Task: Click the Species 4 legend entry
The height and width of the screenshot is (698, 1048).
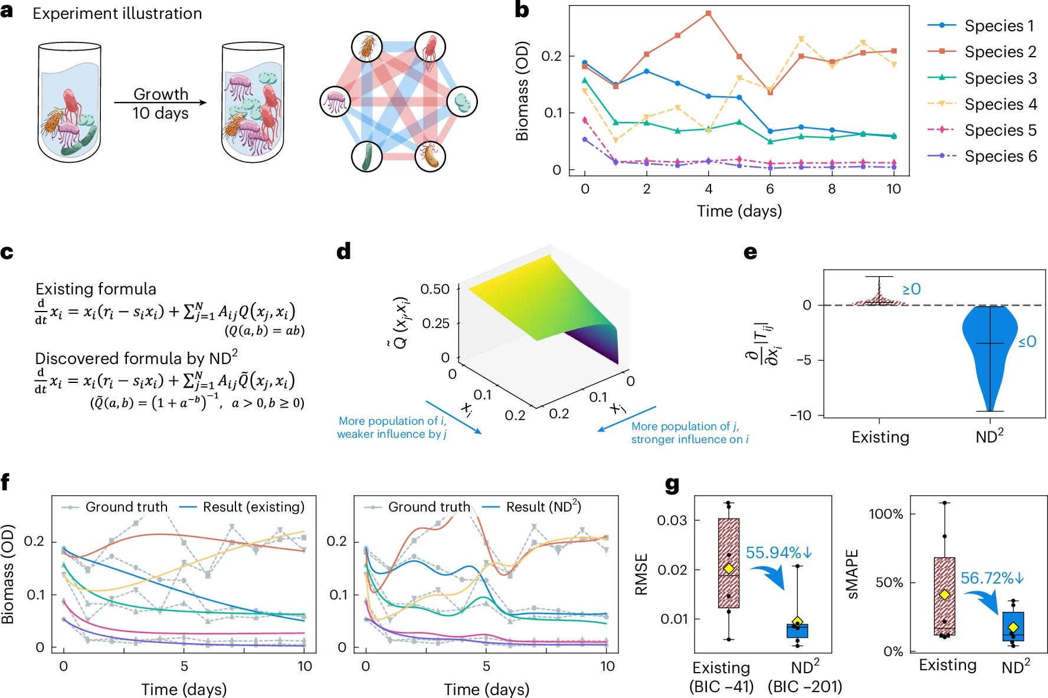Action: click(x=1000, y=104)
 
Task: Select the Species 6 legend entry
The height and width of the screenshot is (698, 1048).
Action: click(x=1000, y=156)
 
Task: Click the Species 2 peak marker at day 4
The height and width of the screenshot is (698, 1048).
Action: click(x=708, y=13)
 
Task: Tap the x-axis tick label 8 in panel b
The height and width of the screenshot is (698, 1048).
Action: click(x=831, y=189)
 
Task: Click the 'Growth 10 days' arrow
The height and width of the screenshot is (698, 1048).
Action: click(x=161, y=103)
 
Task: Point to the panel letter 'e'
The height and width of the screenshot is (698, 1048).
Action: click(x=750, y=252)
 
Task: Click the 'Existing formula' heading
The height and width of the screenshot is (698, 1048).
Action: click(x=96, y=289)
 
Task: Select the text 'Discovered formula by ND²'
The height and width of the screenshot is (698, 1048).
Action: click(x=136, y=358)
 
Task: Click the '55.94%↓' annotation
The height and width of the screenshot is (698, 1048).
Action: click(x=779, y=553)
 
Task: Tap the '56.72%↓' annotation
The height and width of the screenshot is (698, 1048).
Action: click(x=992, y=578)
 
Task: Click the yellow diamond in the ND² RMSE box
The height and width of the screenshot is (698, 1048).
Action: click(x=797, y=622)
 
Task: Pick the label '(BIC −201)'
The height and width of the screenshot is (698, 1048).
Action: click(x=804, y=687)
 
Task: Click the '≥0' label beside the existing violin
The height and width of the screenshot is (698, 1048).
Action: click(x=911, y=289)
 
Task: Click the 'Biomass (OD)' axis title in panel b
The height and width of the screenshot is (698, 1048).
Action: click(x=522, y=91)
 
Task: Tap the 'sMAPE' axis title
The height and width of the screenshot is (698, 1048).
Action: click(x=853, y=574)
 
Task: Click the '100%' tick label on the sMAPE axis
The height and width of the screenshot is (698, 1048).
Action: click(x=886, y=514)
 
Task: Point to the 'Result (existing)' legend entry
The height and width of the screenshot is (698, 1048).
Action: click(x=253, y=507)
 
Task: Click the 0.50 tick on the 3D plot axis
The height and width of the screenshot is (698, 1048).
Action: click(x=435, y=289)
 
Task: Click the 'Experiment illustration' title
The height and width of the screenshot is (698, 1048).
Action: click(x=117, y=14)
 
